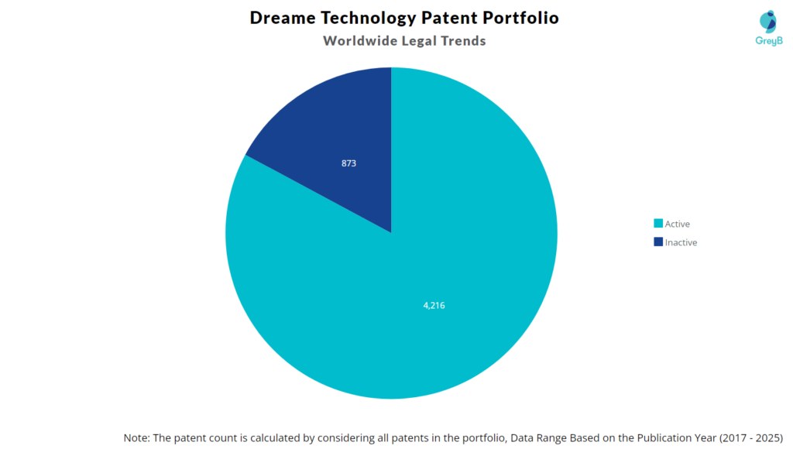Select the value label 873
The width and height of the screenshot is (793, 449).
[349, 164]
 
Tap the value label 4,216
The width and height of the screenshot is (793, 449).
[433, 305]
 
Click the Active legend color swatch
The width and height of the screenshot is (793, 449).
[658, 224]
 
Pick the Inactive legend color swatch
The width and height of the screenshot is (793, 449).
[658, 242]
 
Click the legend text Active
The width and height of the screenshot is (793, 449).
[678, 224]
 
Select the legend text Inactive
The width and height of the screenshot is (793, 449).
[681, 242]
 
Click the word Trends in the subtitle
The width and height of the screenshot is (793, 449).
[462, 41]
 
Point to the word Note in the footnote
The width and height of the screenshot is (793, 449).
[136, 437]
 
